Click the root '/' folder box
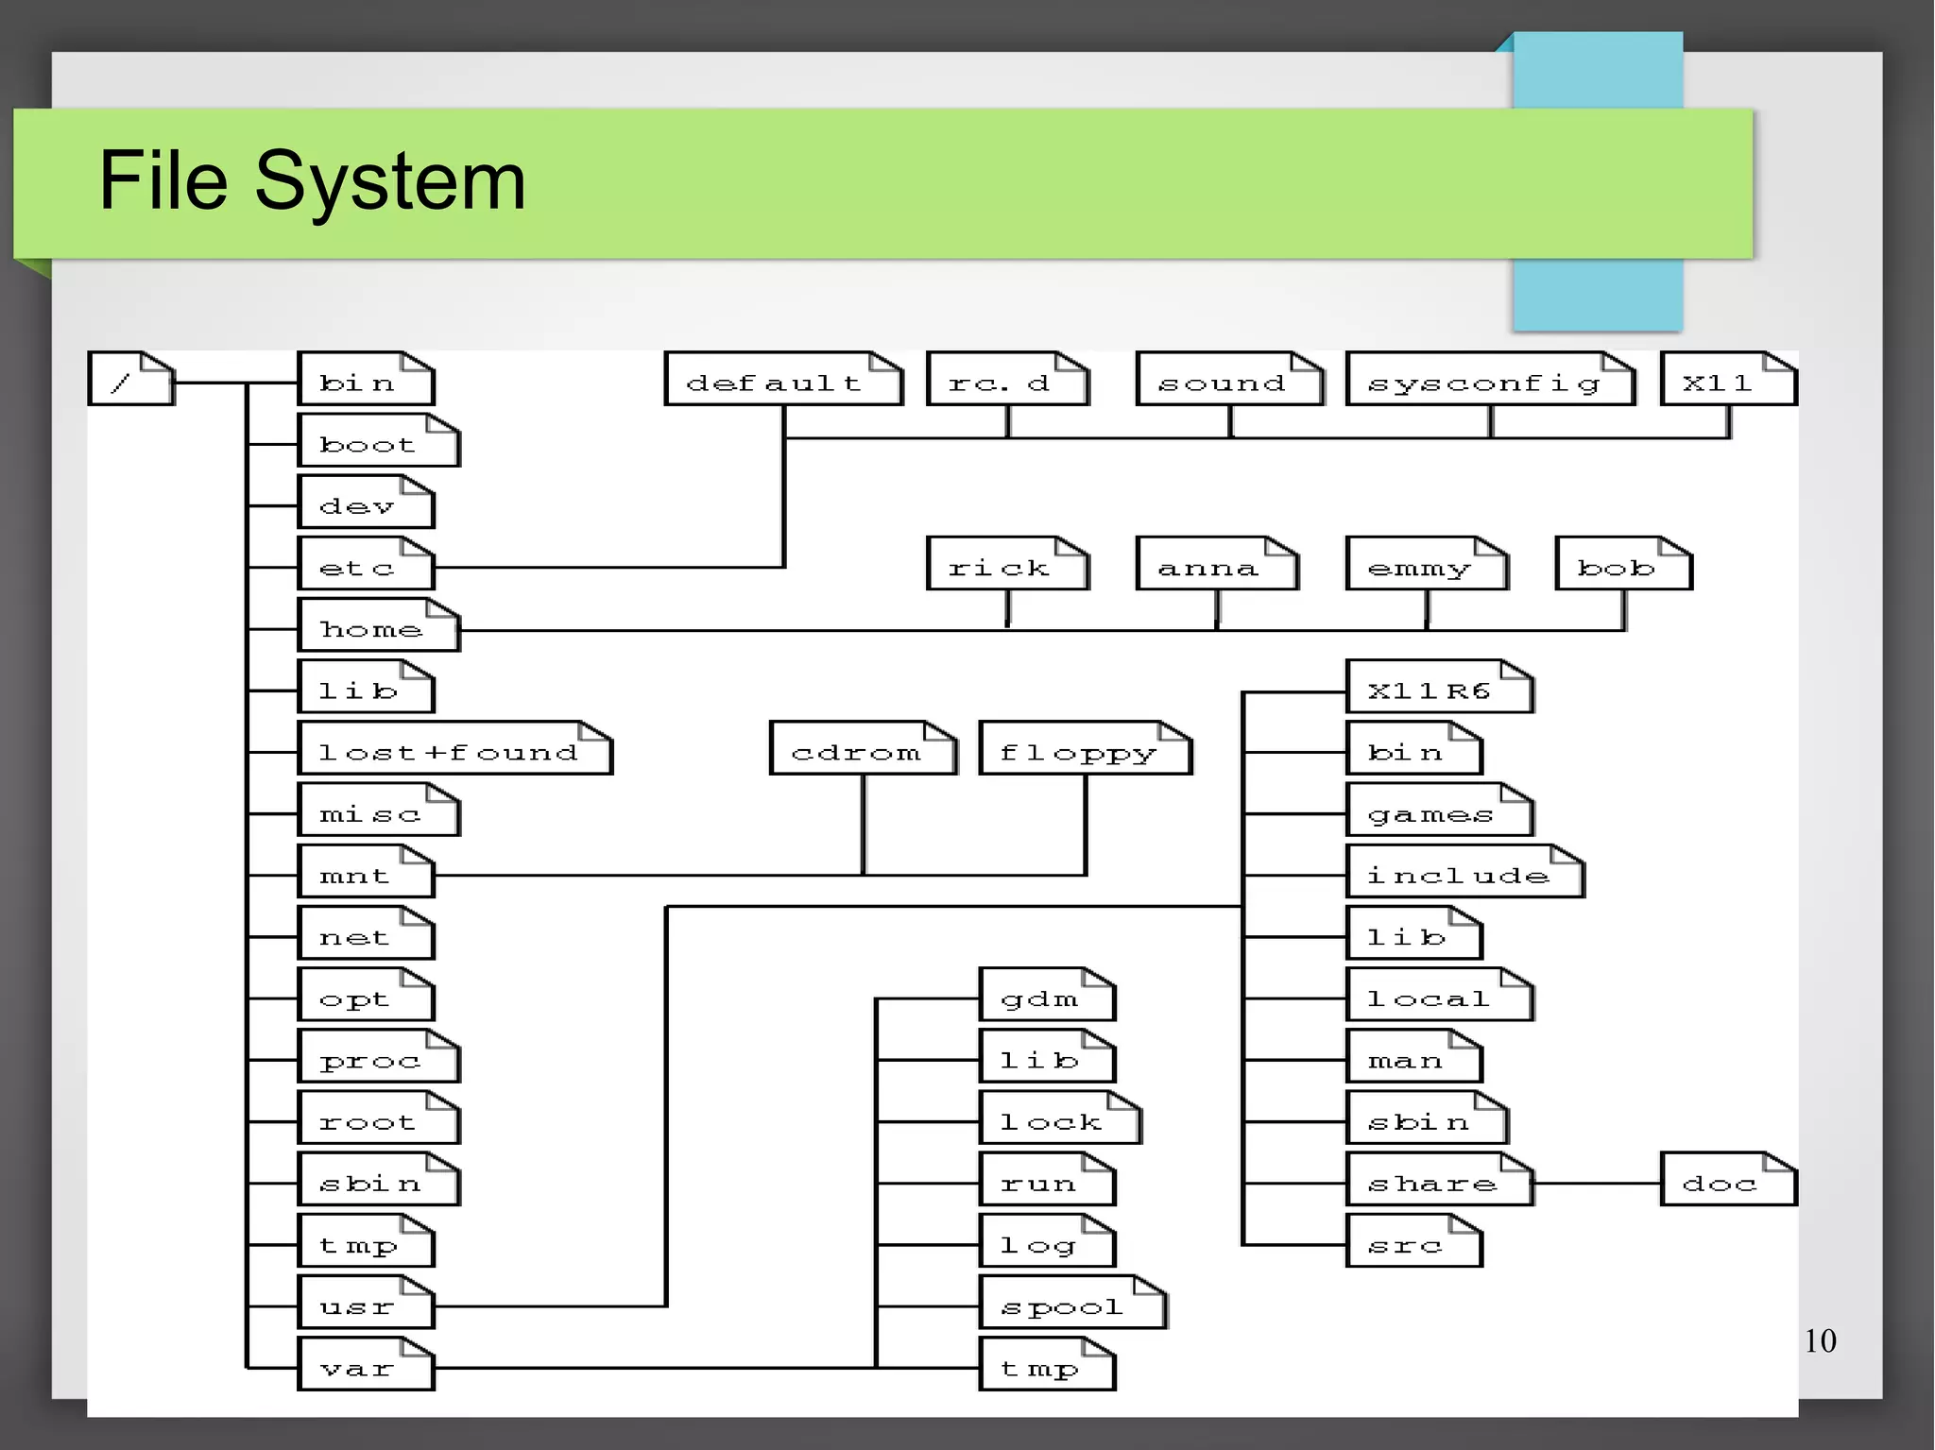coord(130,379)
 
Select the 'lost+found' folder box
coord(454,749)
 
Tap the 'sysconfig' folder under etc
coord(1489,380)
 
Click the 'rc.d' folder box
coord(1007,380)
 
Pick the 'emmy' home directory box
coord(1426,564)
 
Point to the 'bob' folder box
coord(1623,564)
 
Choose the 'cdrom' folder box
coord(863,749)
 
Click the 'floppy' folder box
coord(1085,749)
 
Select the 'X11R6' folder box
coord(1438,687)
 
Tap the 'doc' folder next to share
coord(1728,1180)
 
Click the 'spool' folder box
coord(1072,1304)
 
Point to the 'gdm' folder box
coord(1047,996)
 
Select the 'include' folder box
coord(1464,872)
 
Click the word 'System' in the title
coord(389,180)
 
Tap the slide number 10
coord(1820,1340)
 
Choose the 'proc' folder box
coord(378,1057)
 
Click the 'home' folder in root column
coord(378,625)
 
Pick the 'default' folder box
coord(782,380)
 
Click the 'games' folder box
coord(1438,810)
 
